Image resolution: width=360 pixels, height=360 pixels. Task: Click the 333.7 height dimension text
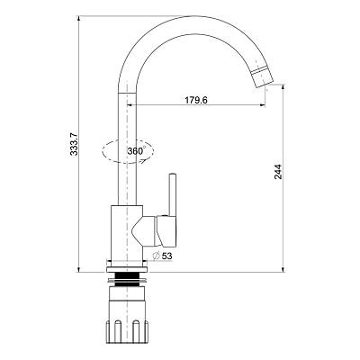[74, 144]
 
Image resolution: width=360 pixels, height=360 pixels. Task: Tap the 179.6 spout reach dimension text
[196, 100]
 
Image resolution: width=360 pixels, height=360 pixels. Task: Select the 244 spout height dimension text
[278, 172]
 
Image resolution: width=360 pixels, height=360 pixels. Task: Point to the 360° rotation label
[137, 150]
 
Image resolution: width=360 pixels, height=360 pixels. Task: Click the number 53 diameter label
[166, 256]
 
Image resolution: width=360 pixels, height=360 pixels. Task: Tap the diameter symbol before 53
[156, 256]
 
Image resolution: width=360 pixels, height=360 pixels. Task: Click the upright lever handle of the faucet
[172, 194]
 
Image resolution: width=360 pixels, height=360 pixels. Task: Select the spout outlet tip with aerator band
[263, 76]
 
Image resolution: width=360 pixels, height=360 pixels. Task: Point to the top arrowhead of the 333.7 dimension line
[78, 19]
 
